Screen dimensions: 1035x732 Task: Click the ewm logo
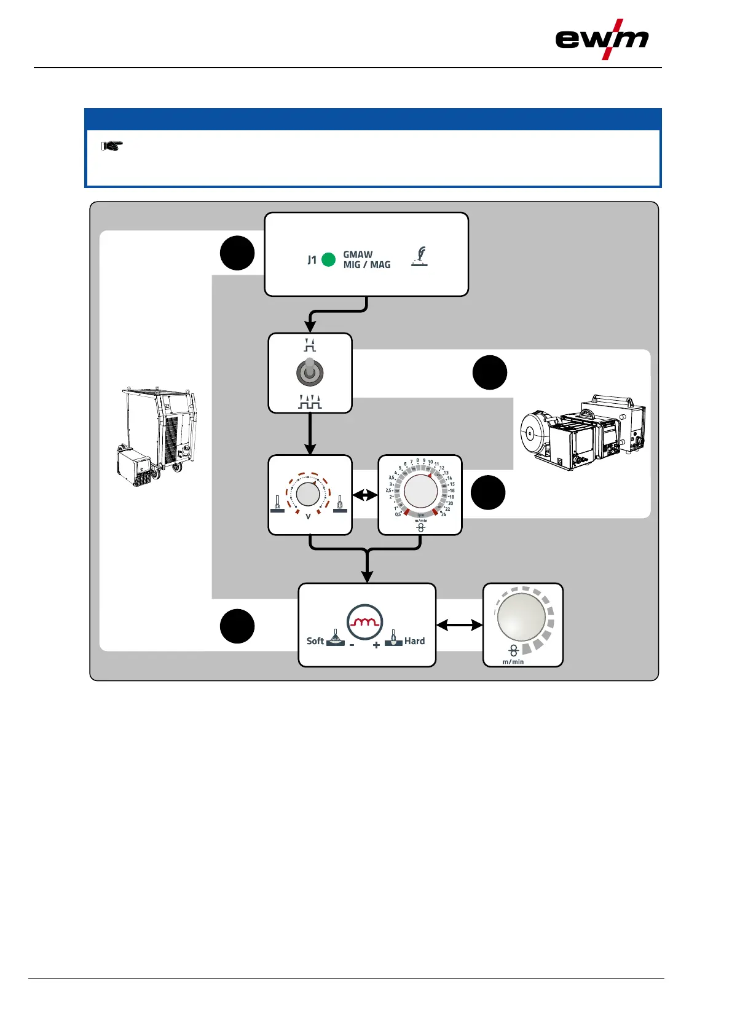pos(602,39)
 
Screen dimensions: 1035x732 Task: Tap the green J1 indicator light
pos(329,259)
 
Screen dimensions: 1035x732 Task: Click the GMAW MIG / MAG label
pos(366,259)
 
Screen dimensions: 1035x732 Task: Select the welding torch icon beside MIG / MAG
pos(420,256)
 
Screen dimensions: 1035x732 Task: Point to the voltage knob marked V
pos(308,494)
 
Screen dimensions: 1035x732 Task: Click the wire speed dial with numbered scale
pos(420,492)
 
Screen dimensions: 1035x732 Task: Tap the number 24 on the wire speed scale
pos(444,514)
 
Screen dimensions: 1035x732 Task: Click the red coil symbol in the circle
pos(364,622)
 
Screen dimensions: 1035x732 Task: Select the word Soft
pos(315,641)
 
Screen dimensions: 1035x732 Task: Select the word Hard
pos(414,641)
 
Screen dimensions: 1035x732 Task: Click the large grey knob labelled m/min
pos(521,616)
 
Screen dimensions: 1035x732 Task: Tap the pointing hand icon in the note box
pos(112,146)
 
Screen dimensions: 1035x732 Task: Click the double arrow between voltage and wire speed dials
pos(364,495)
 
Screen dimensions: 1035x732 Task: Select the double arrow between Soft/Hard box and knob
pos(459,625)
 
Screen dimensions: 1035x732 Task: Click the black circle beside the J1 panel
pos(237,253)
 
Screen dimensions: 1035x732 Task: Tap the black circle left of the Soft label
pos(237,626)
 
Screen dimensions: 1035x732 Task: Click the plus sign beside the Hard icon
pos(376,645)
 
